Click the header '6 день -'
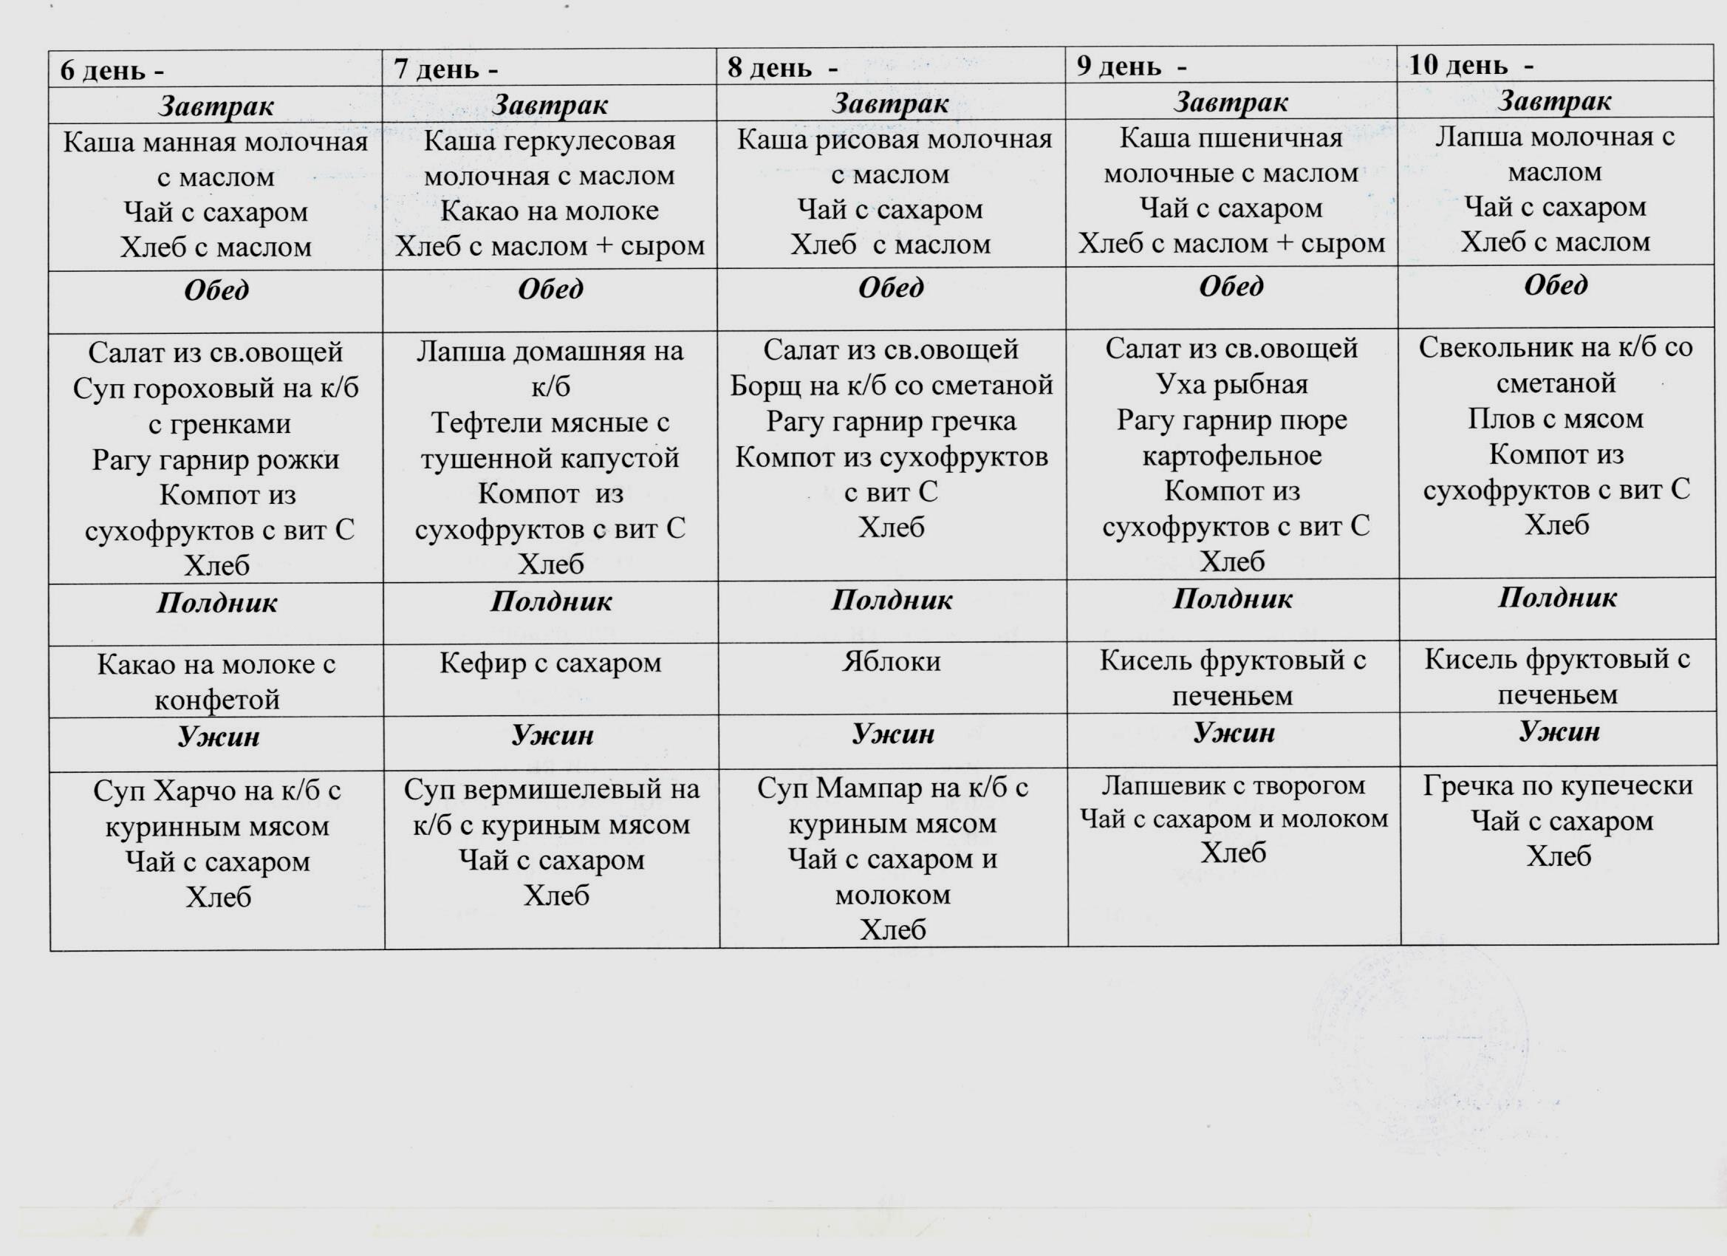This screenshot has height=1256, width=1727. pyautogui.click(x=112, y=71)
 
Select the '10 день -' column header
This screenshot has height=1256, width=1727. pyautogui.click(x=1471, y=66)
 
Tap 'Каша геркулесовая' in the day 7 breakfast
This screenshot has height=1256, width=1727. pyautogui.click(x=549, y=141)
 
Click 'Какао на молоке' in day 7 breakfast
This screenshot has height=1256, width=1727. pyautogui.click(x=549, y=211)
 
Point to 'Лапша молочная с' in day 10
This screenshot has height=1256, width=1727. pyautogui.click(x=1555, y=137)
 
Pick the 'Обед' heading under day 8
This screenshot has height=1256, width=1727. pyautogui.click(x=891, y=288)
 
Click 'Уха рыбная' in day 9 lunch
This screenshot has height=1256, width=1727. pyautogui.click(x=1231, y=384)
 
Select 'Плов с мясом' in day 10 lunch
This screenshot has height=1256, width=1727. pyautogui.click(x=1556, y=419)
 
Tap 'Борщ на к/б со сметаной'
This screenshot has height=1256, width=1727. pyautogui.click(x=891, y=386)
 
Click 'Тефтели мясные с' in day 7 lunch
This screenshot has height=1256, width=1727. pyautogui.click(x=550, y=422)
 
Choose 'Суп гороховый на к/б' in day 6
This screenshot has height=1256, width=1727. pyautogui.click(x=216, y=389)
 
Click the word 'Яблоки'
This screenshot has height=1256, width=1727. pyautogui.click(x=891, y=661)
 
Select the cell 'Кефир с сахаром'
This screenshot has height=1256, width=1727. pyautogui.click(x=550, y=663)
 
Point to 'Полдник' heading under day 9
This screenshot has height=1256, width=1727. pyautogui.click(x=1232, y=599)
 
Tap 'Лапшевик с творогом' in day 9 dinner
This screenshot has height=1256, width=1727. pyautogui.click(x=1233, y=785)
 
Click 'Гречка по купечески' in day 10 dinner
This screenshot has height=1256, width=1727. pyautogui.click(x=1557, y=786)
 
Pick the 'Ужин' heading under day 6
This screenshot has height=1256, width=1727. pyautogui.click(x=219, y=737)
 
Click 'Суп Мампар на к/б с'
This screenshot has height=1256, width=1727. pyautogui.click(x=892, y=788)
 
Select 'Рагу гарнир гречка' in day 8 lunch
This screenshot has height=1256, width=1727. pyautogui.click(x=891, y=421)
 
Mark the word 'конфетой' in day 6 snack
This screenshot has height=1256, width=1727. pyautogui.click(x=217, y=700)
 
